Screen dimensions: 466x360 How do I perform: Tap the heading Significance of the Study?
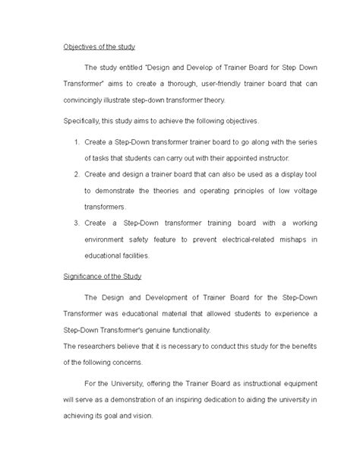[x=108, y=276]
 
